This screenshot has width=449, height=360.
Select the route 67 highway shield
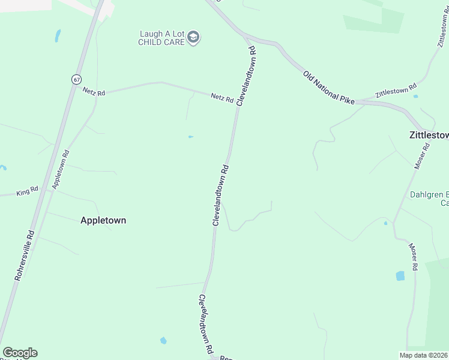point(76,79)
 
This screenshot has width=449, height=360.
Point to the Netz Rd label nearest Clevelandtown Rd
point(221,98)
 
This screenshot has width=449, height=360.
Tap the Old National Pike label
point(329,87)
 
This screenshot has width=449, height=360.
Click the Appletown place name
point(103,220)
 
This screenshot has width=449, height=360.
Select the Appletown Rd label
point(61,170)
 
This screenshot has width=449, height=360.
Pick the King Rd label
point(27,191)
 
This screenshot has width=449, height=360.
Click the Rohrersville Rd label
point(24,255)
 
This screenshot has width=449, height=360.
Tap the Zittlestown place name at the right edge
point(429,135)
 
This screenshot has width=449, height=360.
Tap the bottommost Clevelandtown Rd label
point(206,324)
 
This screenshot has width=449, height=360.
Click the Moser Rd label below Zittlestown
point(421,155)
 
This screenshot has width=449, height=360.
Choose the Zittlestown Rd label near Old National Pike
point(396,91)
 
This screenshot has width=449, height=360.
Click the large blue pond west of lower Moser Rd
point(400,276)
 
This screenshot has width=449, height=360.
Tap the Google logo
point(20,353)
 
